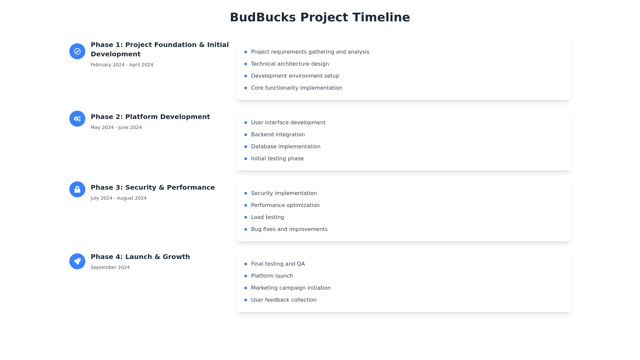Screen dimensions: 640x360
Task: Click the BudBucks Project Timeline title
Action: click(x=320, y=17)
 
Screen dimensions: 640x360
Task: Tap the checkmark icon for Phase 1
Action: click(x=77, y=51)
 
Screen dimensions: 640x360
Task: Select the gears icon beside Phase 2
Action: click(x=77, y=119)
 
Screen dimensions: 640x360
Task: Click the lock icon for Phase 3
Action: click(x=77, y=189)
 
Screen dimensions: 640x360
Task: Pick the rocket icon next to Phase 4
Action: click(x=77, y=261)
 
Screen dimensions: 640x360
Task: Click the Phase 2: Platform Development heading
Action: click(x=150, y=117)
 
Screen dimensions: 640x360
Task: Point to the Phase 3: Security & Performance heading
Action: click(x=153, y=187)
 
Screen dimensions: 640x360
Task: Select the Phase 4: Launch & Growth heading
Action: click(x=140, y=257)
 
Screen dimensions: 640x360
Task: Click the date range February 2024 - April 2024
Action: click(x=122, y=65)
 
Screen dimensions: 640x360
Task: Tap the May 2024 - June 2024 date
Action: click(x=116, y=127)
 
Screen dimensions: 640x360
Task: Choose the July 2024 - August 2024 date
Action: click(x=119, y=198)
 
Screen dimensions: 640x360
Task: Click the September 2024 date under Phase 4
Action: click(x=110, y=267)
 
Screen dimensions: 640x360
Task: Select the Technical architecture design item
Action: click(x=290, y=64)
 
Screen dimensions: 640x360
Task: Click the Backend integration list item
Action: click(x=278, y=135)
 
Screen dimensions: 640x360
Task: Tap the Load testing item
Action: click(x=268, y=217)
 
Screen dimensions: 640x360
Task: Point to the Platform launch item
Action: click(x=272, y=276)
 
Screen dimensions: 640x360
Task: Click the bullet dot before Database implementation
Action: click(x=246, y=147)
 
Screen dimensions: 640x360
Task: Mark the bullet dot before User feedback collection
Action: click(x=246, y=300)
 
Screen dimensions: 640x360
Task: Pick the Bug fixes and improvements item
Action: click(x=289, y=229)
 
